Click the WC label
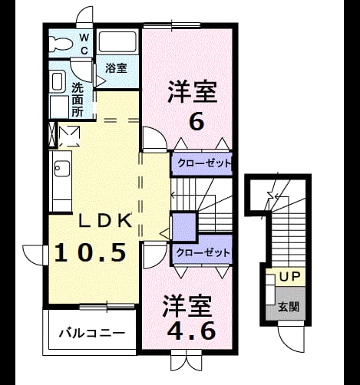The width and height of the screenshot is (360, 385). pos(84,44)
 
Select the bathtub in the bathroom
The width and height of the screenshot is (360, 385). pos(117,41)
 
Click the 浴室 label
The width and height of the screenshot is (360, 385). pos(117,68)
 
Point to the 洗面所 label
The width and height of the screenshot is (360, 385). pos(78,100)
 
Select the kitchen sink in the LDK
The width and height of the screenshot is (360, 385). pos(62,168)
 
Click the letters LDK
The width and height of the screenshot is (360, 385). pos(105,221)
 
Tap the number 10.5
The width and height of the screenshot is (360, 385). pos(91,252)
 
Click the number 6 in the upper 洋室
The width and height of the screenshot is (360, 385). pos(197,122)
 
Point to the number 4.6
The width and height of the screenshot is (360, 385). pos(191,331)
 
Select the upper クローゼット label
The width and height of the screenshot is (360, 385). pos(204,163)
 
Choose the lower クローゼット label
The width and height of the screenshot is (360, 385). pos(203,253)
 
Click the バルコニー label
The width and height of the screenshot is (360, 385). pos(92,333)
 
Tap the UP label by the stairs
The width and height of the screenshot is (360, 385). pos(289,277)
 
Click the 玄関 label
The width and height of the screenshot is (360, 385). pos(289,307)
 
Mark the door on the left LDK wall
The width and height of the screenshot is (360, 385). pos(35,255)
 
